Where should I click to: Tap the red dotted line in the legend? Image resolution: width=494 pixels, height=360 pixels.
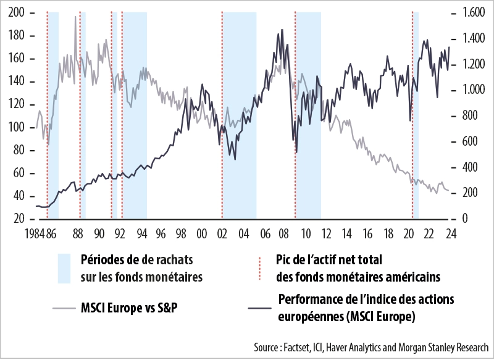click(x=260, y=268)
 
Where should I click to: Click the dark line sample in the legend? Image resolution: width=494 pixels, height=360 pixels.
click(x=259, y=307)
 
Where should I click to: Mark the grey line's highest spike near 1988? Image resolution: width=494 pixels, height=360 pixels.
click(x=75, y=17)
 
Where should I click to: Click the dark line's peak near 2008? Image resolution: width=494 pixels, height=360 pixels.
click(x=282, y=29)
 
